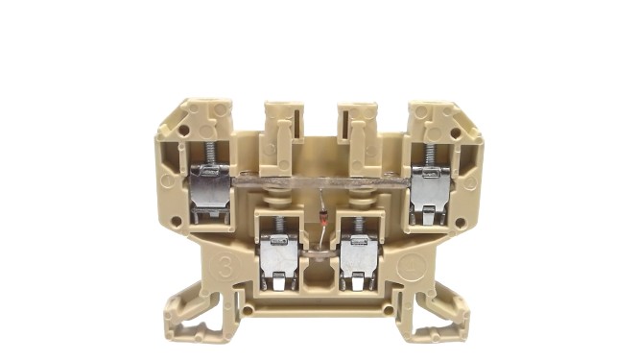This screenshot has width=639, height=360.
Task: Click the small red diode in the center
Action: tap(323, 220)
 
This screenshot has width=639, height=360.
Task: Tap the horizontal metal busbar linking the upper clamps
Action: tap(320, 180)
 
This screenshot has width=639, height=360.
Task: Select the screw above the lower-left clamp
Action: tap(279, 226)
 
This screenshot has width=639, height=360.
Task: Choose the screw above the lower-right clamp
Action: tap(358, 226)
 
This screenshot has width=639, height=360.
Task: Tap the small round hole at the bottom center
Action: tap(319, 310)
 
